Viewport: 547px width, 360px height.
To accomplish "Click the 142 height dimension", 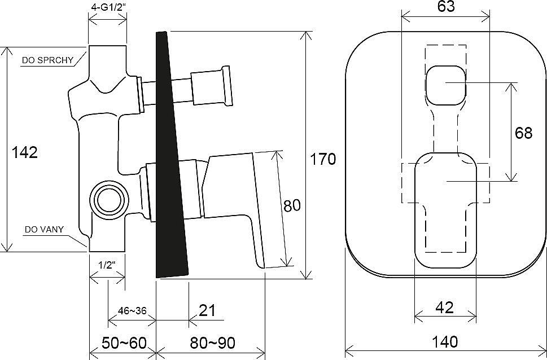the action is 24,152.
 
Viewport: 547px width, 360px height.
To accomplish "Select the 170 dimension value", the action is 323,159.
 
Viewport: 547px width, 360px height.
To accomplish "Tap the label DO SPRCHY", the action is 47,60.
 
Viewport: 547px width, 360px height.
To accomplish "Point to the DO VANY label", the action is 44,230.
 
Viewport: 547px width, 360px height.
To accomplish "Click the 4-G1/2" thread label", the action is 108,8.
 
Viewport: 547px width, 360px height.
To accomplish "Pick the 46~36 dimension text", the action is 132,310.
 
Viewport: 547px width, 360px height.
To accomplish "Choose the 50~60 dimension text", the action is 124,343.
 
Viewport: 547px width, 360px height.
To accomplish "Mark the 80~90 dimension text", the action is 212,343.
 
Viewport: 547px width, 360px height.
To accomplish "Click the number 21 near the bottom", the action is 207,310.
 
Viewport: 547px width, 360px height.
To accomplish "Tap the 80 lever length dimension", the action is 292,206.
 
